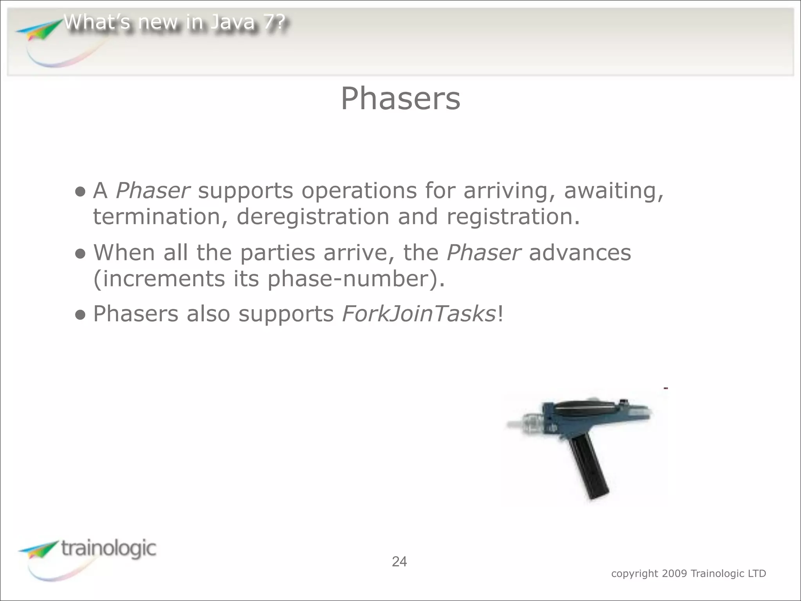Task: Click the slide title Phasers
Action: [400, 99]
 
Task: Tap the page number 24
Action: [399, 561]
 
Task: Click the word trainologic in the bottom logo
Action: [108, 548]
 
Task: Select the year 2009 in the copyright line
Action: [674, 574]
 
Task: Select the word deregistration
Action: [313, 217]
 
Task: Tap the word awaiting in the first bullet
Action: [613, 191]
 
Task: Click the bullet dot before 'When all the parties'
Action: [80, 254]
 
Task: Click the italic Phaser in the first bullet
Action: [153, 191]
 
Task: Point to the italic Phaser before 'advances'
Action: [483, 253]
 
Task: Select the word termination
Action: [156, 217]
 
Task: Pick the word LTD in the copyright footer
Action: [756, 574]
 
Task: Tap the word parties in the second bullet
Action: [277, 253]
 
